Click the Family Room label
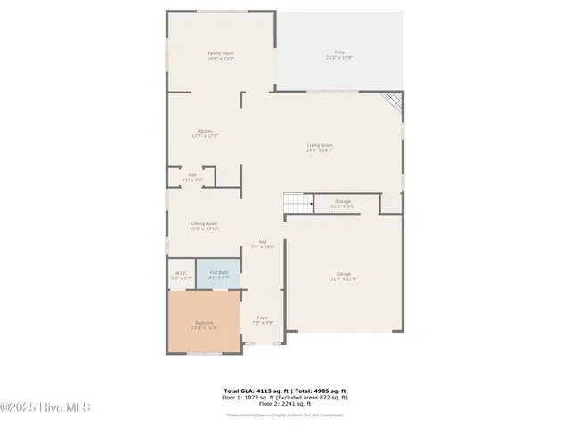220,56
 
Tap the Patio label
338,55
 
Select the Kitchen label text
206,133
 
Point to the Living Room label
320,148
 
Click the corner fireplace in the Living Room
391,103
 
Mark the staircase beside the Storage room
297,204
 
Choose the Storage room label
343,204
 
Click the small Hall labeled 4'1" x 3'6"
192,178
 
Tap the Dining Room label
204,226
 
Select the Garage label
344,277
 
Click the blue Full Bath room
218,276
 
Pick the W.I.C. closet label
181,276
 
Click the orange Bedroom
204,325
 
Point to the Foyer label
263,319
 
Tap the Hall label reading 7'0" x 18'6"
263,245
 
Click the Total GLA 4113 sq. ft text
254,391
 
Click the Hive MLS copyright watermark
46,408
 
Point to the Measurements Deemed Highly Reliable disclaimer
284,415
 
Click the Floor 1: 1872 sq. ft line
284,397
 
